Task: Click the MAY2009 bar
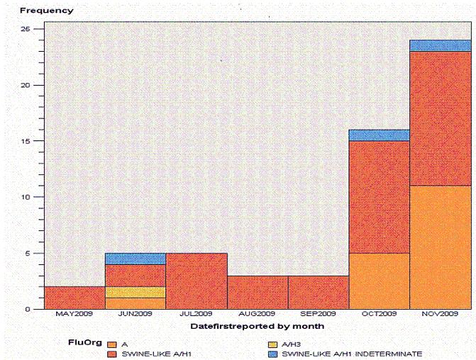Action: (74, 298)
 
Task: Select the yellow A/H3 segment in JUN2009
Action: (135, 292)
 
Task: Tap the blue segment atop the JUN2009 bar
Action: (135, 259)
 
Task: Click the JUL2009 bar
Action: (197, 281)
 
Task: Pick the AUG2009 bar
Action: (258, 292)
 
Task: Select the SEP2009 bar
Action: (319, 292)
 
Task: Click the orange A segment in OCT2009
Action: (379, 281)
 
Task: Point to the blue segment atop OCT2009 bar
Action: (379, 135)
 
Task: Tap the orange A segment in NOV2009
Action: (440, 247)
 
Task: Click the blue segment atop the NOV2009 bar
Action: (440, 45)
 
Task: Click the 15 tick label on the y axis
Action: (26, 141)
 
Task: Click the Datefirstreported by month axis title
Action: (258, 327)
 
